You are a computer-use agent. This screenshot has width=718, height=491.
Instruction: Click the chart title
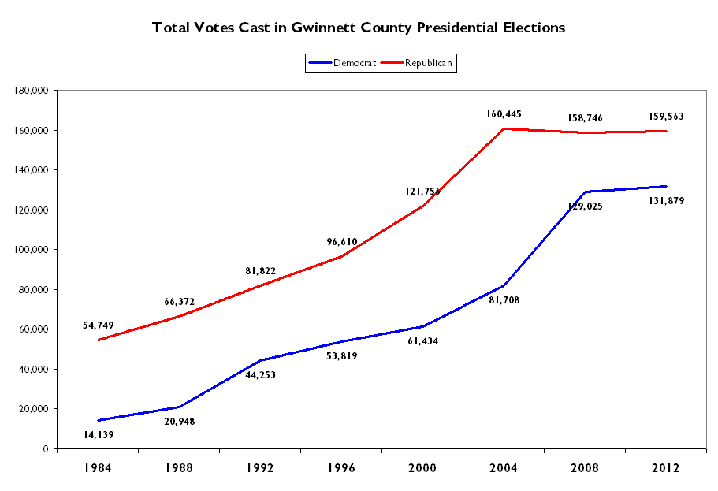(x=359, y=28)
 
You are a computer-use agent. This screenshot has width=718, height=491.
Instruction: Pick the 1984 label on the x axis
(x=98, y=468)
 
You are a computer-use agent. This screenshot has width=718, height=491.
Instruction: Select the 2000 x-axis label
(x=422, y=468)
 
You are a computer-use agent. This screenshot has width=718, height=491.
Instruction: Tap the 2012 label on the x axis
(x=666, y=468)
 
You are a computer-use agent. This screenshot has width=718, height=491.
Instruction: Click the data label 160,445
(x=504, y=114)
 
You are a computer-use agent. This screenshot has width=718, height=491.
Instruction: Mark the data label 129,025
(x=585, y=206)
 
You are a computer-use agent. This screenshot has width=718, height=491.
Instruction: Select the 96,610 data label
(x=341, y=241)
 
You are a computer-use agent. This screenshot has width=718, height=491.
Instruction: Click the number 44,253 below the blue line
(x=260, y=374)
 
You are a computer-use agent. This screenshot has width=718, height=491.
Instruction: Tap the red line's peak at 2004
(x=504, y=128)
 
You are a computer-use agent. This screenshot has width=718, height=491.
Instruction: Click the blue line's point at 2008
(x=585, y=192)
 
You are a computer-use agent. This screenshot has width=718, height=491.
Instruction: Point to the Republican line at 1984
(x=98, y=340)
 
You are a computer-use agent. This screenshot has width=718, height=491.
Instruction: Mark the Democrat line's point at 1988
(x=179, y=407)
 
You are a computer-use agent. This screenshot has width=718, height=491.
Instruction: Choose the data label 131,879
(x=666, y=201)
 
